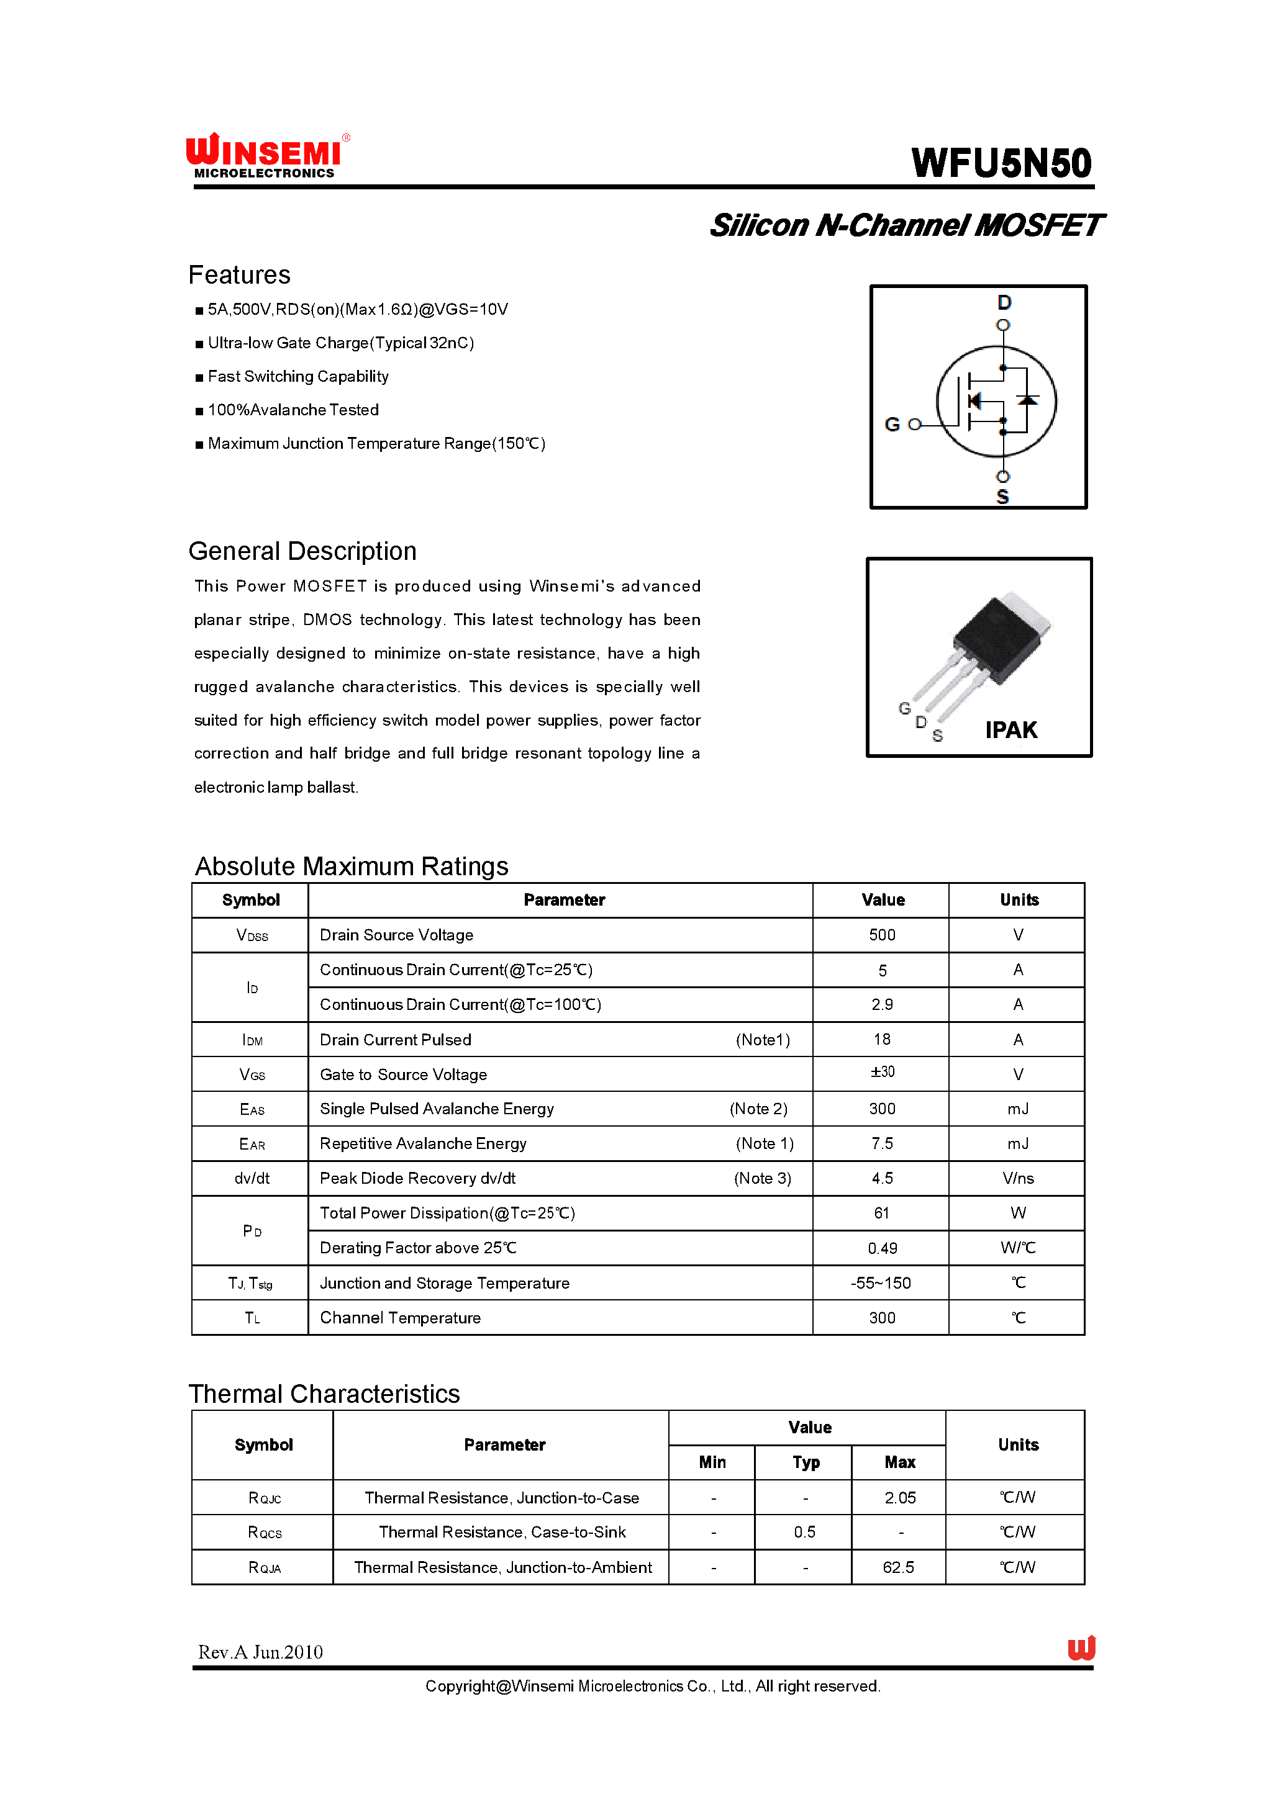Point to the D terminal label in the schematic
[x=1003, y=302]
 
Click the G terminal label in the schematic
[x=892, y=425]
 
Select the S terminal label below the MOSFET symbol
[x=1002, y=497]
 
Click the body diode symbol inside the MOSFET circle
[x=1027, y=400]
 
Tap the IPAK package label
[x=1010, y=730]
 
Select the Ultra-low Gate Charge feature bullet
[x=340, y=343]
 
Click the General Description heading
[x=302, y=551]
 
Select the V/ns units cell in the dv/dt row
[x=1017, y=1178]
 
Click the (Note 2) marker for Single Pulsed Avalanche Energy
[x=758, y=1109]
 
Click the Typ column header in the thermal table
[x=805, y=1462]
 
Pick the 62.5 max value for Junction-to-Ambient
[x=898, y=1567]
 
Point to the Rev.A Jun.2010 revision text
[x=260, y=1652]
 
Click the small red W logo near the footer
[x=1081, y=1648]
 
